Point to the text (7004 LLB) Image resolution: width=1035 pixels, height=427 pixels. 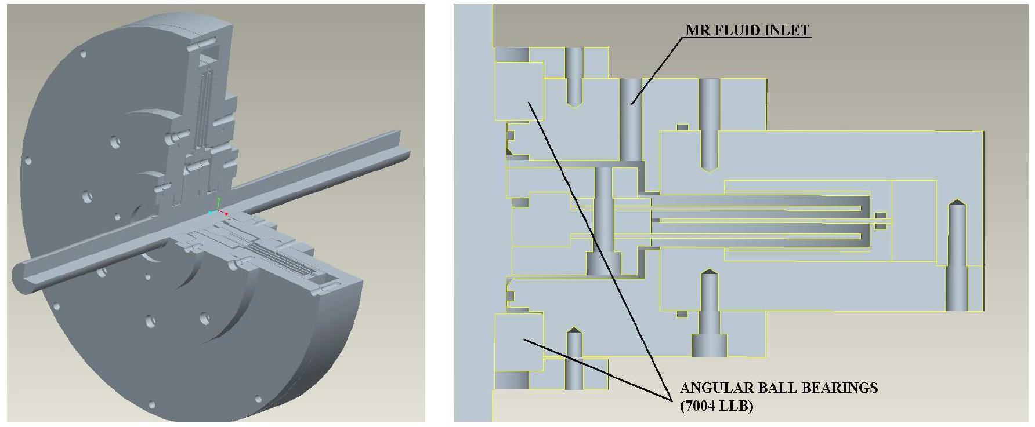tap(716, 406)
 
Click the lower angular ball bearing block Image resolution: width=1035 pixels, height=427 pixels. tap(518, 342)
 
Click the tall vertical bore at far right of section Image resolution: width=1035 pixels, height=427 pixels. tap(957, 255)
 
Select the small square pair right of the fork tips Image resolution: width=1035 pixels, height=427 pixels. tap(881, 220)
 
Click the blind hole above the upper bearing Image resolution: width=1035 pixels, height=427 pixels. tap(574, 75)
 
